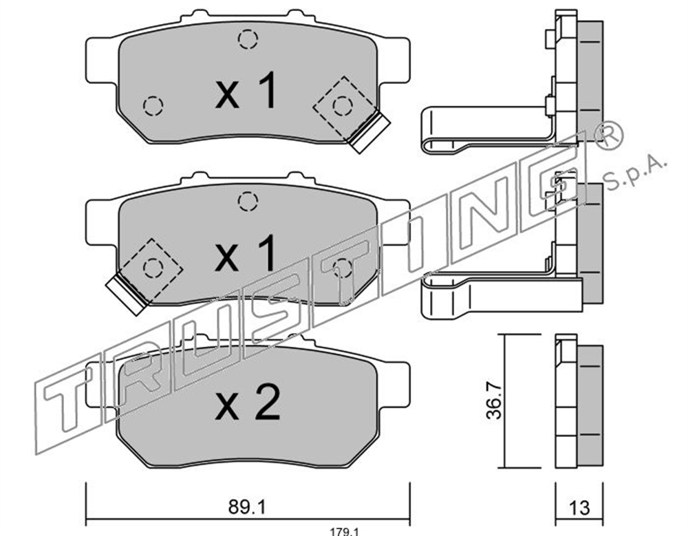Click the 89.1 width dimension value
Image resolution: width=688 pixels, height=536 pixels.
tap(247, 508)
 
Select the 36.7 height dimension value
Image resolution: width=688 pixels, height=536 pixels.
tap(494, 400)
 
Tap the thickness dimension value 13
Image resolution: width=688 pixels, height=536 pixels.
tap(579, 508)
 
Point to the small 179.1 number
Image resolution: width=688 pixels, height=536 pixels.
tap(345, 532)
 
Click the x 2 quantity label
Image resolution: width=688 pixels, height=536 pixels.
tap(248, 402)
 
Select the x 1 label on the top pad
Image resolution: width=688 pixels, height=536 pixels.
tap(246, 90)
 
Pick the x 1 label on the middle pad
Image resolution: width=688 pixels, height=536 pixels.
tap(246, 253)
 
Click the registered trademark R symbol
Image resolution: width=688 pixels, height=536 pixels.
tap(608, 136)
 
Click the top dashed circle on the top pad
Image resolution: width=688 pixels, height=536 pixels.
tap(248, 39)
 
